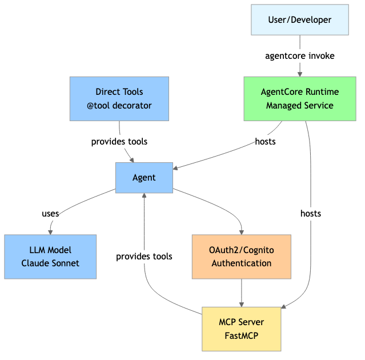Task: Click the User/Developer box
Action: coord(300,20)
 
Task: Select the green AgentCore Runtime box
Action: coord(300,99)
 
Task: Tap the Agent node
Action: coord(144,177)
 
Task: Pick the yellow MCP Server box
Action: coord(242,329)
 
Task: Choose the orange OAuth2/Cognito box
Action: coord(242,257)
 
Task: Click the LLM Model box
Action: coord(50,257)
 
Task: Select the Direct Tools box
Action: coord(119,99)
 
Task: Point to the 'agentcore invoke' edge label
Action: coord(300,56)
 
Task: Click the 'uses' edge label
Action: coord(50,213)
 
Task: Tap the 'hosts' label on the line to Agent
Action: coord(265,141)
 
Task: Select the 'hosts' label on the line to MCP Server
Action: coord(311,213)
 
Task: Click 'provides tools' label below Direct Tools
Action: coord(119,141)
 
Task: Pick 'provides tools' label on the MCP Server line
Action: coord(144,257)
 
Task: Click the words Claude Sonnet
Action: coord(50,263)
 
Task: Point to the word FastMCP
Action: coord(242,335)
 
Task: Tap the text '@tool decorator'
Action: coord(119,106)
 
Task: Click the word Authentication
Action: coord(242,263)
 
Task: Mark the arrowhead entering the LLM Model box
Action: coord(50,231)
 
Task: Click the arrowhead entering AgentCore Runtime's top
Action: coord(300,74)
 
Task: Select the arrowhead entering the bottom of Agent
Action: coord(144,195)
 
